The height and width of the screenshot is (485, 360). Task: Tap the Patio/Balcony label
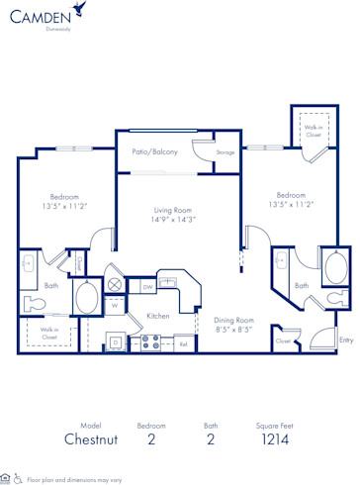pos(154,151)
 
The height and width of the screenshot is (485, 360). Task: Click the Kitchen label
pos(158,316)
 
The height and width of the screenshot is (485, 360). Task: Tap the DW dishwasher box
pos(148,287)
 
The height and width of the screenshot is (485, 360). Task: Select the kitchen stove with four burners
pos(151,342)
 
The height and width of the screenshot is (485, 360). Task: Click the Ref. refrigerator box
pos(183,343)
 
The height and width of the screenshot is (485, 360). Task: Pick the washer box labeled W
pos(114,305)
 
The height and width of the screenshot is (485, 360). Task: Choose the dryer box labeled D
pos(116,342)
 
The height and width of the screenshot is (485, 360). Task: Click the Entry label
pos(345,339)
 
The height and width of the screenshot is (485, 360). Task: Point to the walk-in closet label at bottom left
pos(47,334)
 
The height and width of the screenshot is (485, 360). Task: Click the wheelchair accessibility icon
pos(19,478)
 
